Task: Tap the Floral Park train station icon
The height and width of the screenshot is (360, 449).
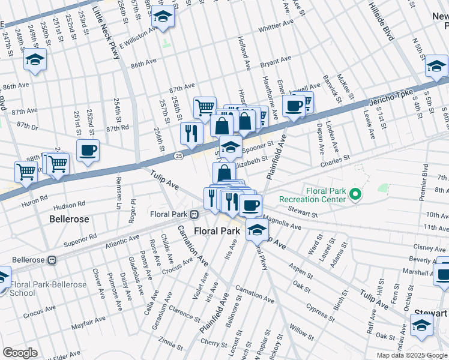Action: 194,214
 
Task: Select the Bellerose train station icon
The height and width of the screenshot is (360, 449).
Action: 52,260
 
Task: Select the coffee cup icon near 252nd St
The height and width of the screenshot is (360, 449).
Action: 88,150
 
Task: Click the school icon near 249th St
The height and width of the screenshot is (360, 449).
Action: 35,60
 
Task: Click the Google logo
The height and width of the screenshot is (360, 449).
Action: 19,353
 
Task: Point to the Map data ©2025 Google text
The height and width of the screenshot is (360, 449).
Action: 412,355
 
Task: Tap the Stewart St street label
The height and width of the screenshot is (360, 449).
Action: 302,212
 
